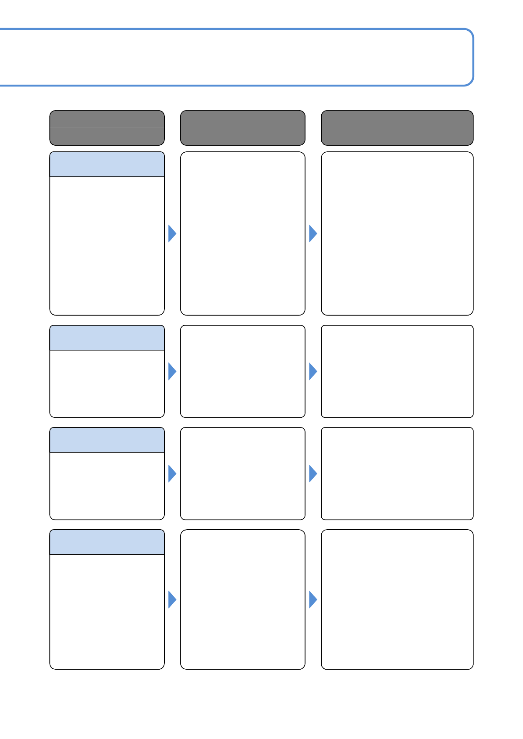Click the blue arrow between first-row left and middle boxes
172,233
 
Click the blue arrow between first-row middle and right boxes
312,233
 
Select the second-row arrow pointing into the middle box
172,371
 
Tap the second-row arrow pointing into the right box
312,371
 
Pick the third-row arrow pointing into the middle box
172,474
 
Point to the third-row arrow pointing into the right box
312,474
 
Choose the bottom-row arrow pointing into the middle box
172,599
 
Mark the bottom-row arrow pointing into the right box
312,599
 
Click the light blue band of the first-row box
107,165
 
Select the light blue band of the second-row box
107,338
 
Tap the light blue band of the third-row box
107,440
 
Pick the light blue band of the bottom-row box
107,542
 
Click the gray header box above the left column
107,128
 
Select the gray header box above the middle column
243,128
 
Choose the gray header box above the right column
397,128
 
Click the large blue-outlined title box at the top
237,57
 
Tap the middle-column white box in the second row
243,371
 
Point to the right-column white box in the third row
397,474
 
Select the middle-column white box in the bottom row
243,599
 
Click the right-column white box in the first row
397,233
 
